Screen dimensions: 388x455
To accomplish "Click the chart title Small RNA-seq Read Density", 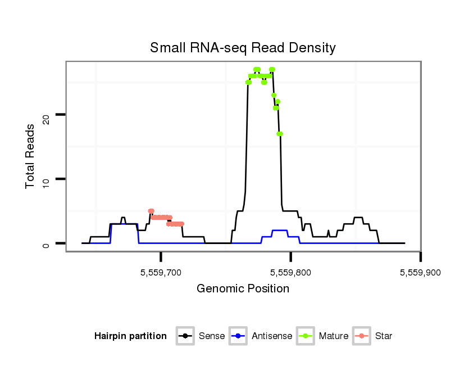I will (243, 48).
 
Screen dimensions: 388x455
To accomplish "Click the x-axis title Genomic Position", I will (243, 289).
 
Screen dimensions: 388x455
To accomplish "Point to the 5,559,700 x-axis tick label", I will (161, 273).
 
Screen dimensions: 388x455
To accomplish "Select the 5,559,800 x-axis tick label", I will (290, 273).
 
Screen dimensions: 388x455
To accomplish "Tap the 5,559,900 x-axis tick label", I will (420, 273).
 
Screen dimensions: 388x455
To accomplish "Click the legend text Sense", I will (212, 336).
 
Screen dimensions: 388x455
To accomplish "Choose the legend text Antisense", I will (272, 336).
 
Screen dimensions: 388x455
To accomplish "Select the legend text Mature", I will (334, 336).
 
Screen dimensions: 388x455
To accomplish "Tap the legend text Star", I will (384, 336).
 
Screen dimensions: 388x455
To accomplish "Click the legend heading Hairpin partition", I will (130, 336).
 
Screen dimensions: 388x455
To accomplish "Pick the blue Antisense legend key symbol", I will (239, 336).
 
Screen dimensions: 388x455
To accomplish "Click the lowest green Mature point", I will (280, 134).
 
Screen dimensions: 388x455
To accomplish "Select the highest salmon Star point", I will (151, 211).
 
